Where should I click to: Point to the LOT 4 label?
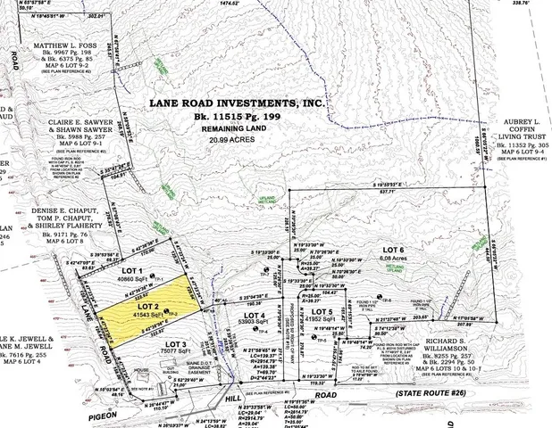256,316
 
